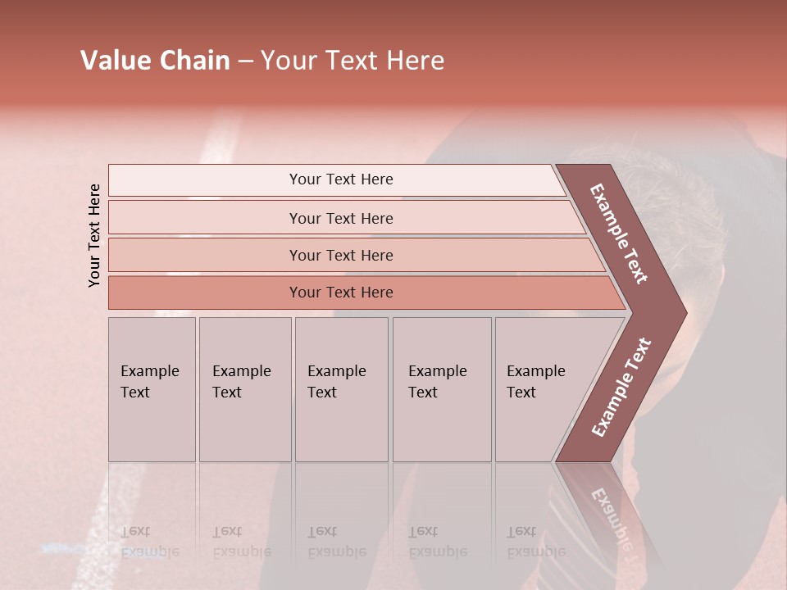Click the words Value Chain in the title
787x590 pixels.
155,61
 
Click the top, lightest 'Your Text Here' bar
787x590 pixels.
341,179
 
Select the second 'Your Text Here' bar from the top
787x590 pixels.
341,218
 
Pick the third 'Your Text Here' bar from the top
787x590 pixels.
341,255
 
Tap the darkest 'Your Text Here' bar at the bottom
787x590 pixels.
341,293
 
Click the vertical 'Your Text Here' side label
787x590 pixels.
95,235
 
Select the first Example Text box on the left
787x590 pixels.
152,389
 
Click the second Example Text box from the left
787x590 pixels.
244,389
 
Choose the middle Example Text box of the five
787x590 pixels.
341,389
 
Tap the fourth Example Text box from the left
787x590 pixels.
441,389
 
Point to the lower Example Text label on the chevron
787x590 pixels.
621,388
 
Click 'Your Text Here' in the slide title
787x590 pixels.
353,61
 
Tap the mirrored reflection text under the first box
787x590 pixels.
150,542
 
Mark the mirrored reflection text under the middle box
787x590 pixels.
337,542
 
